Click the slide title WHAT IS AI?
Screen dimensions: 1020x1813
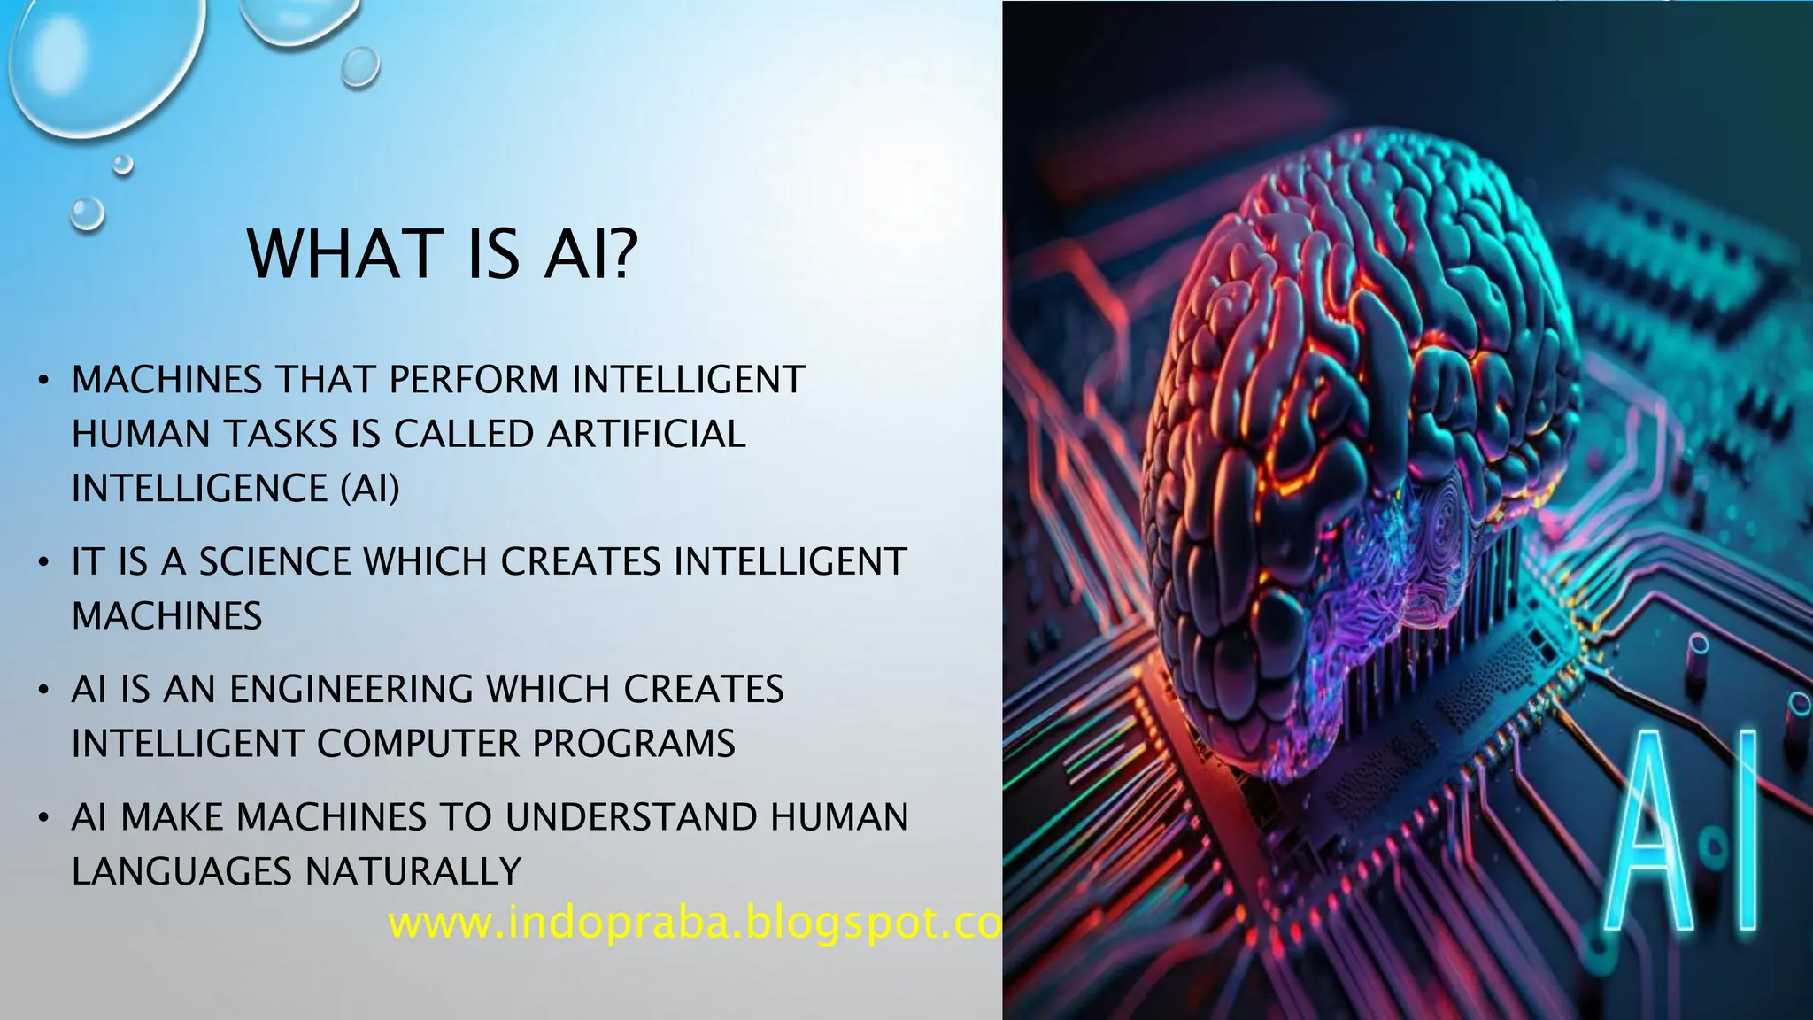442,254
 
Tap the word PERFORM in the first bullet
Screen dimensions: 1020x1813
474,380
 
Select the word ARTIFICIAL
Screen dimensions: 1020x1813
646,435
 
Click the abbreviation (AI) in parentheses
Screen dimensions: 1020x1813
370,489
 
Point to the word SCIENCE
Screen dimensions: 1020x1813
274,562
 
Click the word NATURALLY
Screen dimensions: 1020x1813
413,871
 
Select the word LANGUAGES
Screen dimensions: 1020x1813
181,871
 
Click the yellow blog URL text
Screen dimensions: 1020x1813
694,923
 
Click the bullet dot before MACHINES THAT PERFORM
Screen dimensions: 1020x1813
42,382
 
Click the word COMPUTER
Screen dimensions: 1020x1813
417,744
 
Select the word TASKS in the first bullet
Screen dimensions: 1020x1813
280,435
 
